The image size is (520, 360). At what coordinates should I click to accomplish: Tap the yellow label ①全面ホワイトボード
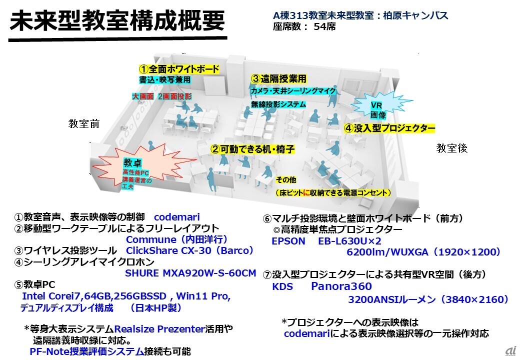[179, 69]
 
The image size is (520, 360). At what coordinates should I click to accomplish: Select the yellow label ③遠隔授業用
[278, 79]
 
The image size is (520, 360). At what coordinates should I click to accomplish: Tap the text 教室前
[84, 124]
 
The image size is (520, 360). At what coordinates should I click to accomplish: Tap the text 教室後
[451, 148]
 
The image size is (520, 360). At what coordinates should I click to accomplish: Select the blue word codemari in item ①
[176, 217]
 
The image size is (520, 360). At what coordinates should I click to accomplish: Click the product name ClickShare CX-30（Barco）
[190, 250]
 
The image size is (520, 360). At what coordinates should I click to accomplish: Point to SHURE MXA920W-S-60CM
[190, 273]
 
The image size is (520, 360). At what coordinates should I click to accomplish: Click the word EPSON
[288, 241]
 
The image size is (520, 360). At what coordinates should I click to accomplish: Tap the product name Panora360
[341, 286]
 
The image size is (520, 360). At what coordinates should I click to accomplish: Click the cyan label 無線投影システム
[278, 104]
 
